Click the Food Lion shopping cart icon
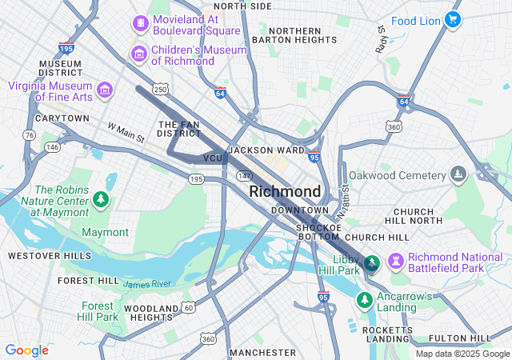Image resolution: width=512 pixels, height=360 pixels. [453, 19]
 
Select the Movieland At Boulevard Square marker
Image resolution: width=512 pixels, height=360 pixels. [141, 23]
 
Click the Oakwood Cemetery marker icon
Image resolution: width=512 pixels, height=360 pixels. [458, 174]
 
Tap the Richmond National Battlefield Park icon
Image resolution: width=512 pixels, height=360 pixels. [396, 262]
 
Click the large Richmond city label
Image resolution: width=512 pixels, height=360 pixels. [285, 192]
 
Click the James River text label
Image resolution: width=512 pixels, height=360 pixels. [148, 283]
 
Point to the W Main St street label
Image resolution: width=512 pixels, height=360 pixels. [126, 132]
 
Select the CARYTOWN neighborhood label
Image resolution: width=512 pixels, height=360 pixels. [62, 118]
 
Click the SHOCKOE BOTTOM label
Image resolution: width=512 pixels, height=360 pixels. [319, 232]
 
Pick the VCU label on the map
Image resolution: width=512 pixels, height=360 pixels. [213, 158]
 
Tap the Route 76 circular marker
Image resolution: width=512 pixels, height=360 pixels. [30, 135]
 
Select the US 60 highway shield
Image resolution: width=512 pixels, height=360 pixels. [188, 307]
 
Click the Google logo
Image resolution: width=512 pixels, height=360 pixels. [26, 350]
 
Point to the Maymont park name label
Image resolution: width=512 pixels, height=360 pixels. [105, 232]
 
